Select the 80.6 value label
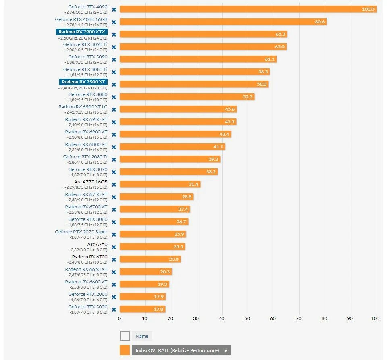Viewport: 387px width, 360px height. tap(320, 22)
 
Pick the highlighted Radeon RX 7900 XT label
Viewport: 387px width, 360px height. tap(83, 82)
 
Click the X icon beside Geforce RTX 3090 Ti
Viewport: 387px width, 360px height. tap(114, 47)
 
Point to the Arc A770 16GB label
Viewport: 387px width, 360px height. tap(91, 182)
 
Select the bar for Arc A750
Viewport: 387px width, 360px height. tap(152, 247)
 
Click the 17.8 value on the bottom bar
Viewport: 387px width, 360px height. tap(159, 309)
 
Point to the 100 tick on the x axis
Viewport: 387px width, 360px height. tap(375, 318)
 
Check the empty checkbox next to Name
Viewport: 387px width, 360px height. tap(125, 336)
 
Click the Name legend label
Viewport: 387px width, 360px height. tap(142, 336)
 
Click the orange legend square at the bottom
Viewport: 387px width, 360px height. tap(125, 350)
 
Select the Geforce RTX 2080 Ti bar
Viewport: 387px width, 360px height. tap(170, 159)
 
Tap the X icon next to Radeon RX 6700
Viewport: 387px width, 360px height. tap(114, 259)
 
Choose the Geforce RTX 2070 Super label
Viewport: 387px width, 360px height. tap(81, 232)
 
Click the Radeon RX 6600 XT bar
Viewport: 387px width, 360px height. tap(144, 284)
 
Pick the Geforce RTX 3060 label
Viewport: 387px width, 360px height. tap(88, 219)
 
